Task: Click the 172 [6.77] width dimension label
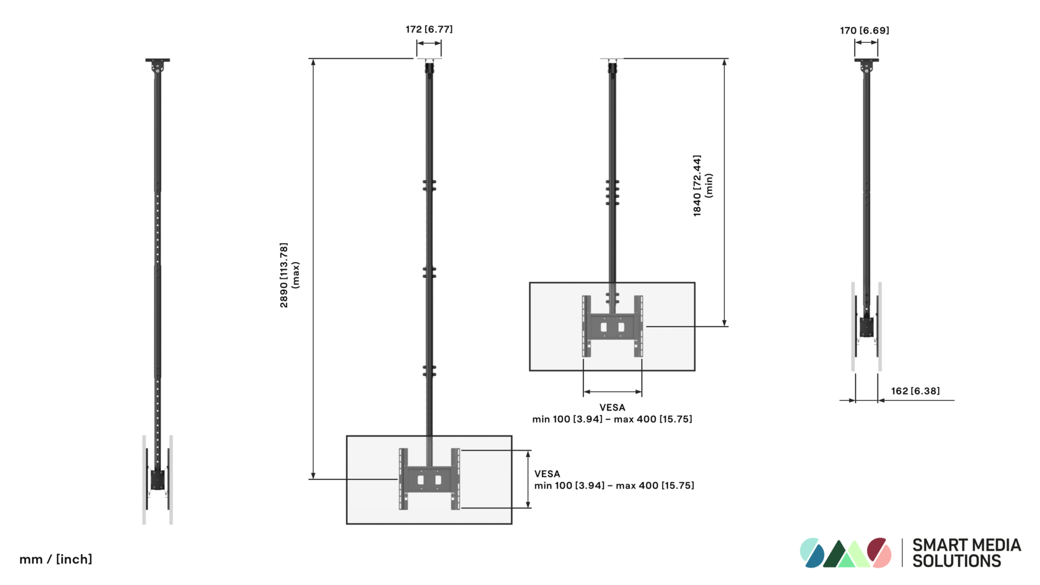pyautogui.click(x=429, y=29)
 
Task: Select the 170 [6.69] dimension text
pyautogui.click(x=864, y=30)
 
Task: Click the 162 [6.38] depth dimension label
pyautogui.click(x=915, y=391)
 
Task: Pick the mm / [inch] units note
pyautogui.click(x=56, y=559)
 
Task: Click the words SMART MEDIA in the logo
pyautogui.click(x=966, y=545)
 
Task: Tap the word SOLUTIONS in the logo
pyautogui.click(x=957, y=561)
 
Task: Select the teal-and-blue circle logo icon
pyautogui.click(x=812, y=552)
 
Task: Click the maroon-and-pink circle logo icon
pyautogui.click(x=879, y=552)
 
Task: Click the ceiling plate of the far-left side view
pyautogui.click(x=158, y=60)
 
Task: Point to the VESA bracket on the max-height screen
pyautogui.click(x=429, y=479)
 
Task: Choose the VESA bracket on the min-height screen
pyautogui.click(x=612, y=326)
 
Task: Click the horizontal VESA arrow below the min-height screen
pyautogui.click(x=613, y=392)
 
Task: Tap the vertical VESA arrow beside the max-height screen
pyautogui.click(x=528, y=479)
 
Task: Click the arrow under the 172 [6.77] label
pyautogui.click(x=429, y=43)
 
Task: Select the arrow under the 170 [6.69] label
pyautogui.click(x=866, y=42)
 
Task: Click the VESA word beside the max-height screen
pyautogui.click(x=547, y=474)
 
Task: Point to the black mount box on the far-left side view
pyautogui.click(x=158, y=479)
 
